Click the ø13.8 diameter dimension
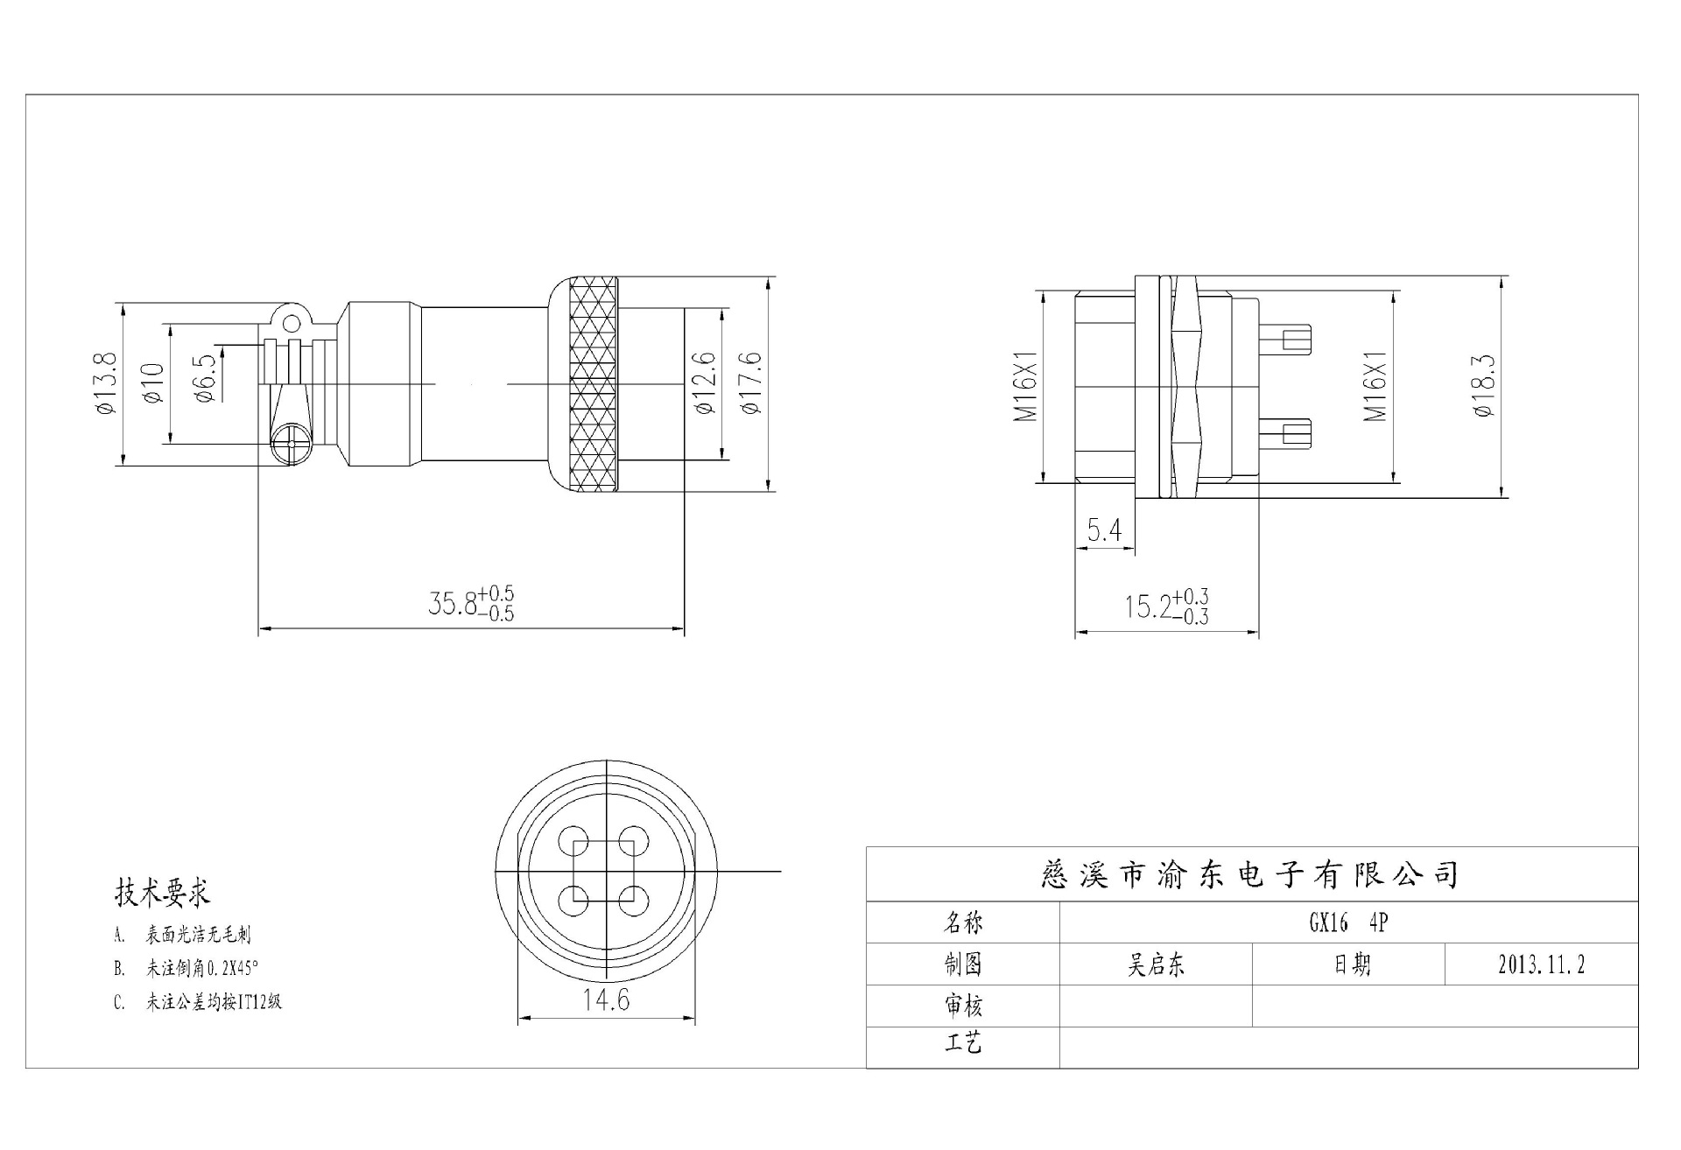click(x=104, y=384)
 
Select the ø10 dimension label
click(x=152, y=383)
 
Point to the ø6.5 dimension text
click(x=205, y=379)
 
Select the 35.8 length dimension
click(x=471, y=604)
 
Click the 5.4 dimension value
click(x=1104, y=530)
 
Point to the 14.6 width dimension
click(x=606, y=999)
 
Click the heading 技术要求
click(x=162, y=893)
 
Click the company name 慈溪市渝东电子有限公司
click(x=1251, y=874)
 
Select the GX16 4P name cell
click(x=1347, y=922)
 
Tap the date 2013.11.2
click(x=1541, y=964)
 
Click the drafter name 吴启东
click(x=1156, y=964)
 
